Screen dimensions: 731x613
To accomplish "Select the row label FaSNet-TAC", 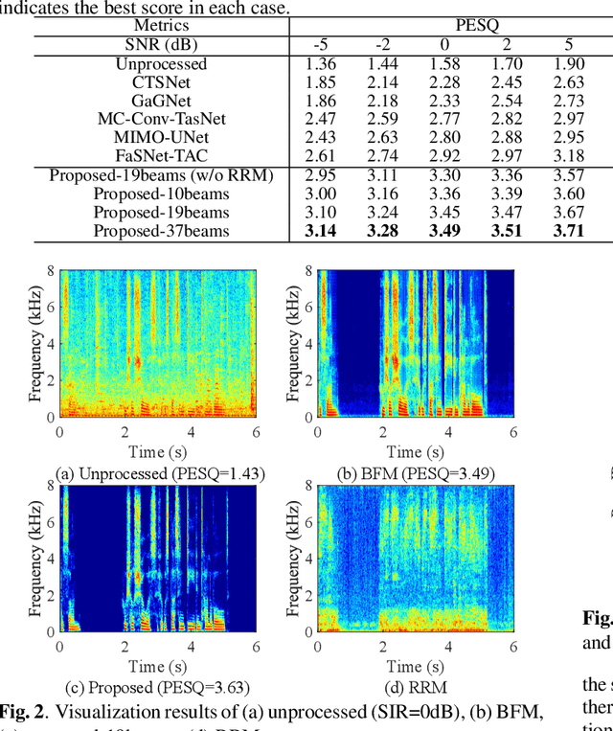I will point(162,156).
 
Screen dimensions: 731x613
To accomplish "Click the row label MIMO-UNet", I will point(162,138).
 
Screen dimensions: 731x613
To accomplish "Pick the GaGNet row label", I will point(162,101).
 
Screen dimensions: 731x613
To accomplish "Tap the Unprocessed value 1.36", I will point(320,64).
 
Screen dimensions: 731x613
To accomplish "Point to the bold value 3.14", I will point(320,231).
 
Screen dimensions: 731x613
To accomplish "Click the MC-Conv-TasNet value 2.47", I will point(320,120).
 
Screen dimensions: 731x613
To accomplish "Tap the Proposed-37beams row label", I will point(162,231).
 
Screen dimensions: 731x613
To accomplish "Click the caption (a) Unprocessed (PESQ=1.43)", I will point(160,472).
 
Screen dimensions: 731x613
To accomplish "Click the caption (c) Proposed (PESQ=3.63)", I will point(160,687).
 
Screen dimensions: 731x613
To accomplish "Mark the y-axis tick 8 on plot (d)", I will point(306,486).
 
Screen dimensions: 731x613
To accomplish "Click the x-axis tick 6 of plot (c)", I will point(256,647).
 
